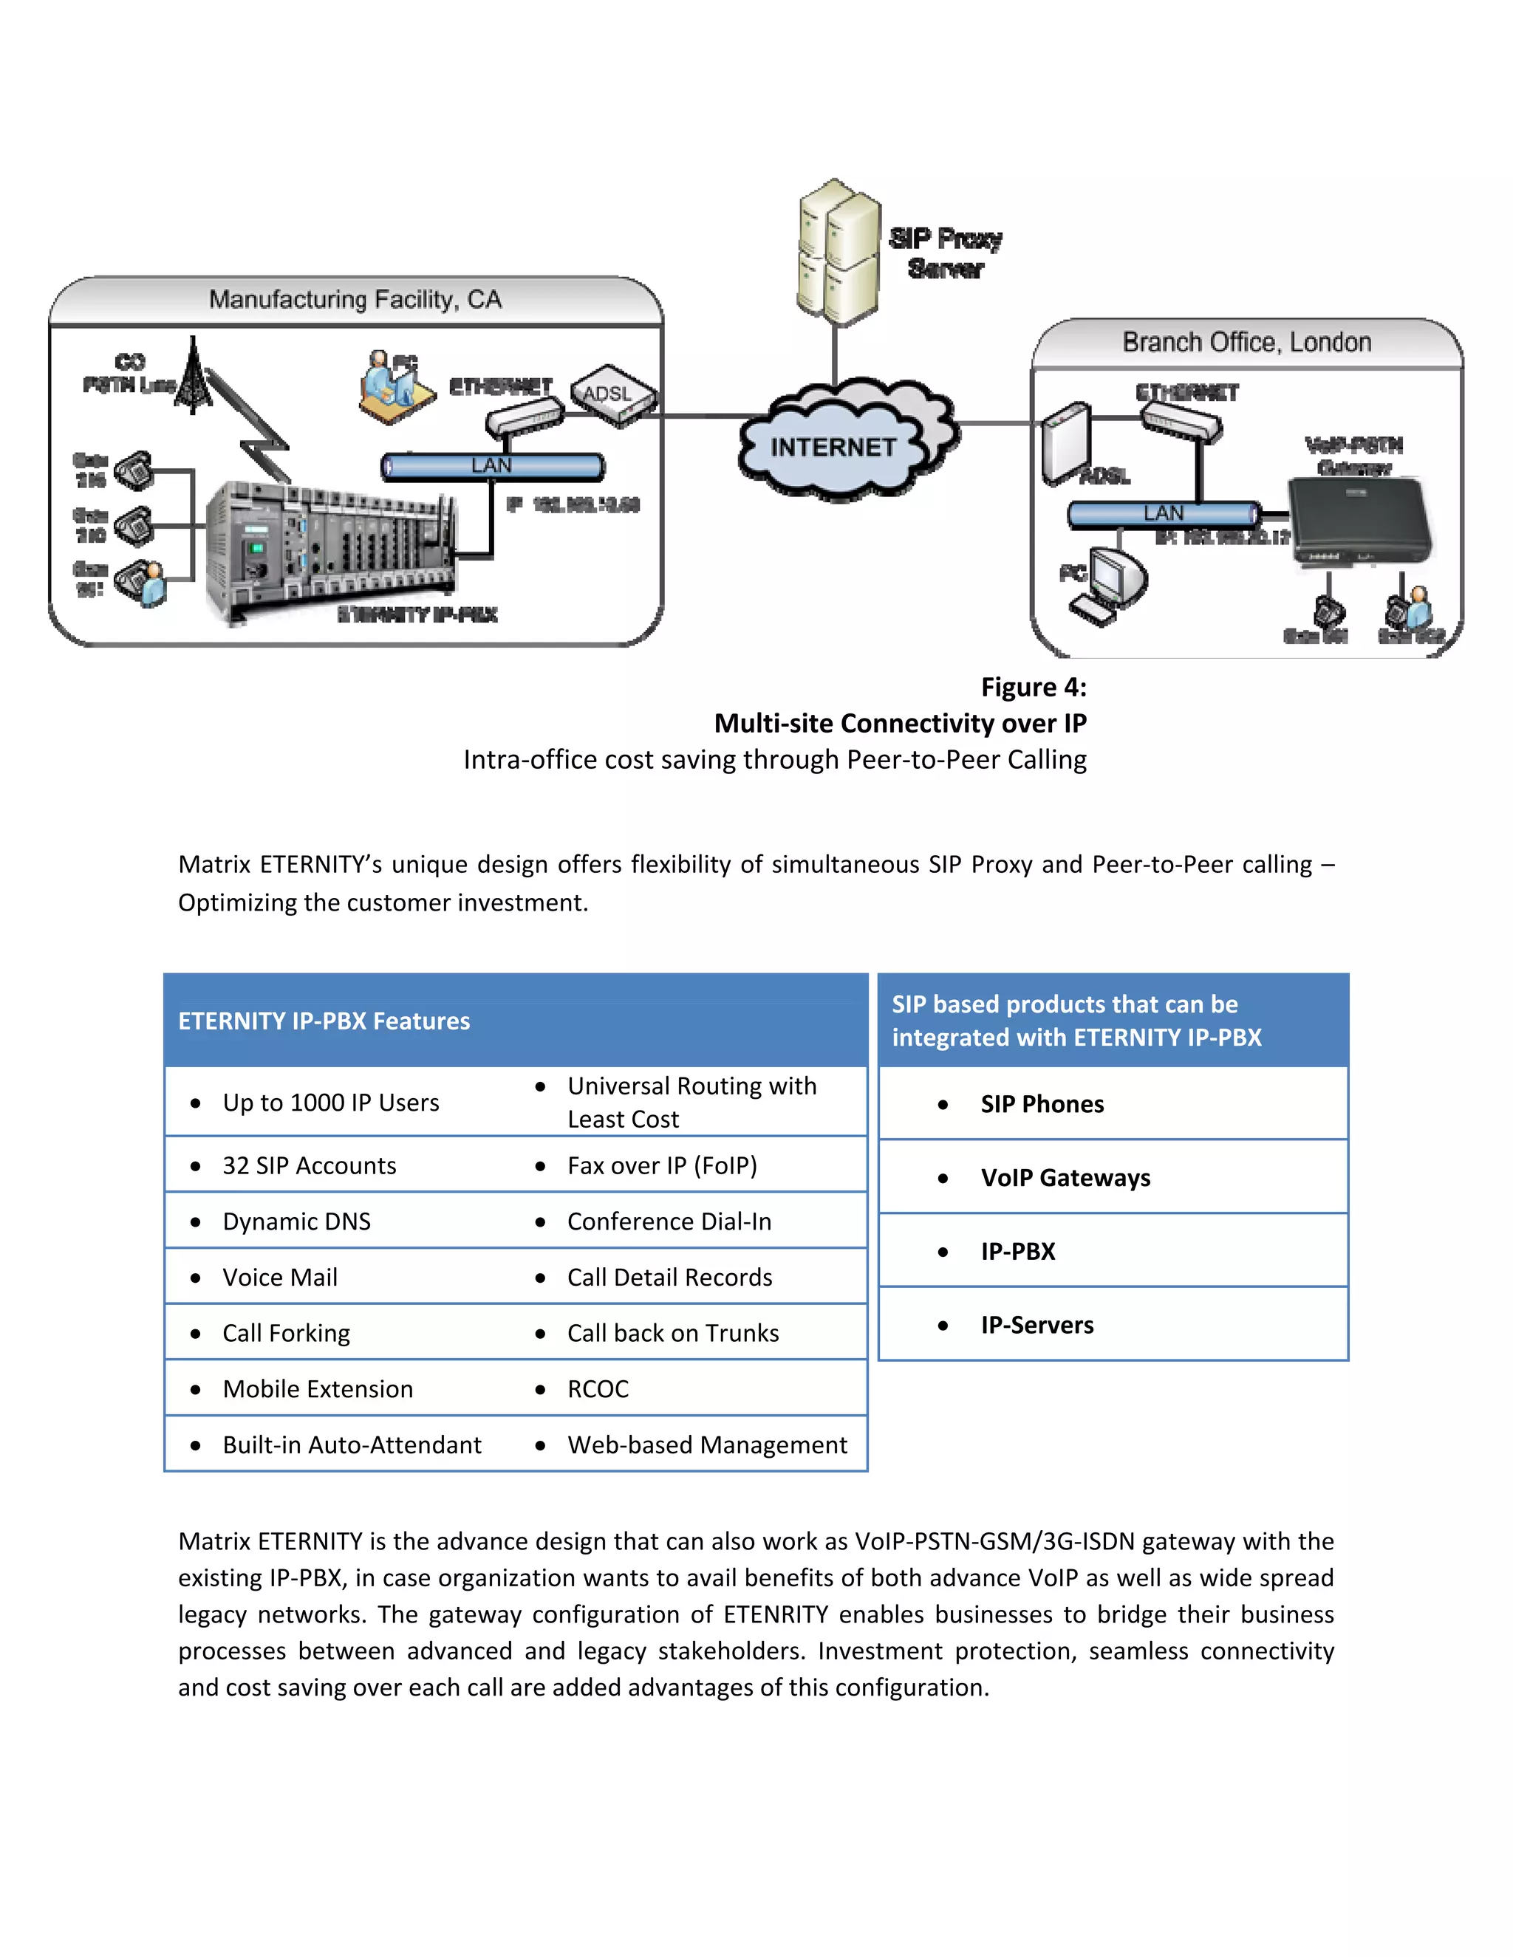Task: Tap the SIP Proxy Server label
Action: tap(945, 253)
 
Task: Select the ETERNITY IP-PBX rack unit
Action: tap(327, 549)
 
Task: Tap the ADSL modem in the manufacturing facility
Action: tap(613, 395)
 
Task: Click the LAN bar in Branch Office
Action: tap(1164, 513)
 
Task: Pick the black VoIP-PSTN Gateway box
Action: tap(1360, 520)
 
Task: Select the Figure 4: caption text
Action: tap(1033, 688)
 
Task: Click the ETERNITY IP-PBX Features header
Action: tap(324, 1021)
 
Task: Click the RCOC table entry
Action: tap(598, 1389)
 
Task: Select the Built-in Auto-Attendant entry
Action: tap(352, 1444)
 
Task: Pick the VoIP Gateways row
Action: tap(1065, 1177)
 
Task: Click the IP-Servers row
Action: tap(1036, 1324)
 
